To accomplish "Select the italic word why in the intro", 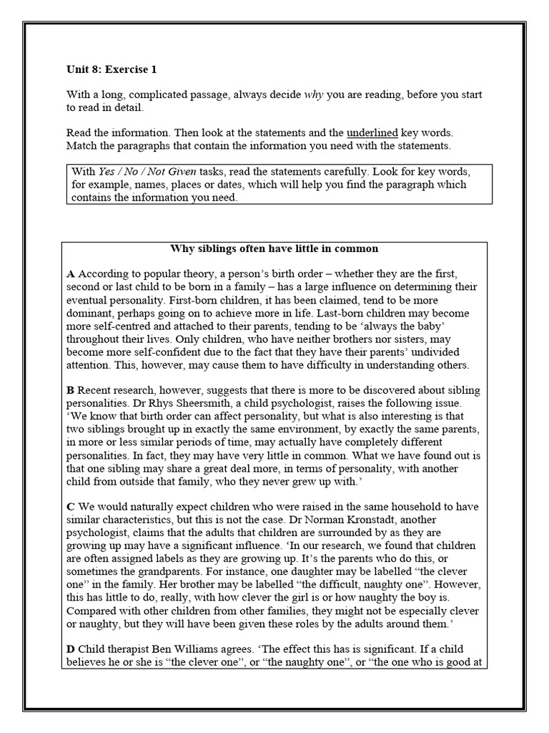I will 315,94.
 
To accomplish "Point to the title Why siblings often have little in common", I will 274,249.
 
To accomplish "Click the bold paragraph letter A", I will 70,274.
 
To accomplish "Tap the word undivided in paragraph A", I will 436,352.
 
